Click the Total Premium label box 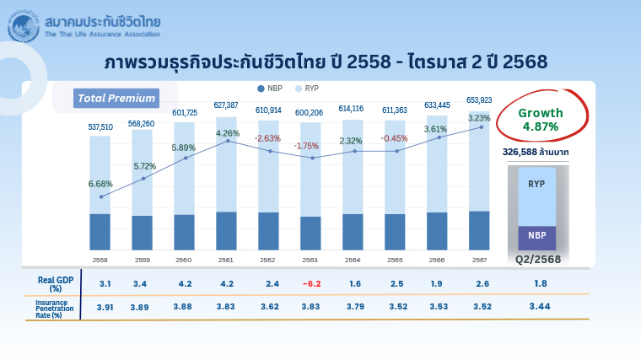click(116, 99)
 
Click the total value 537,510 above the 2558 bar click(100, 127)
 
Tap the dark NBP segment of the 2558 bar click(100, 231)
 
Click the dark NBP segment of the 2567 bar click(479, 230)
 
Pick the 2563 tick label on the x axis click(310, 259)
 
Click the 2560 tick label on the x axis click(184, 259)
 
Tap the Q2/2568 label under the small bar click(538, 259)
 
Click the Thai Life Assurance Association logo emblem click(24, 26)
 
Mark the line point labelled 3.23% click(482, 126)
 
